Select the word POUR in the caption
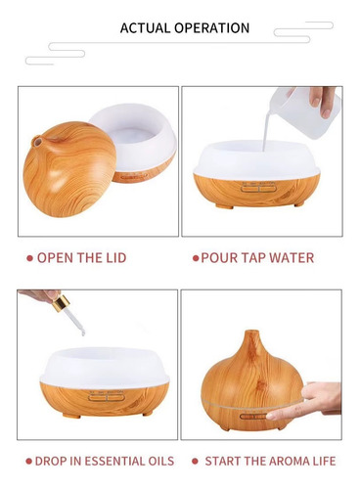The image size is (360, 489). (219, 258)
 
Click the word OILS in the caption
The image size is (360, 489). (158, 461)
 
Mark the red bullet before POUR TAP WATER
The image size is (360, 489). (196, 258)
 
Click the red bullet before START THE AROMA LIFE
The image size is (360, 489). (195, 461)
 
